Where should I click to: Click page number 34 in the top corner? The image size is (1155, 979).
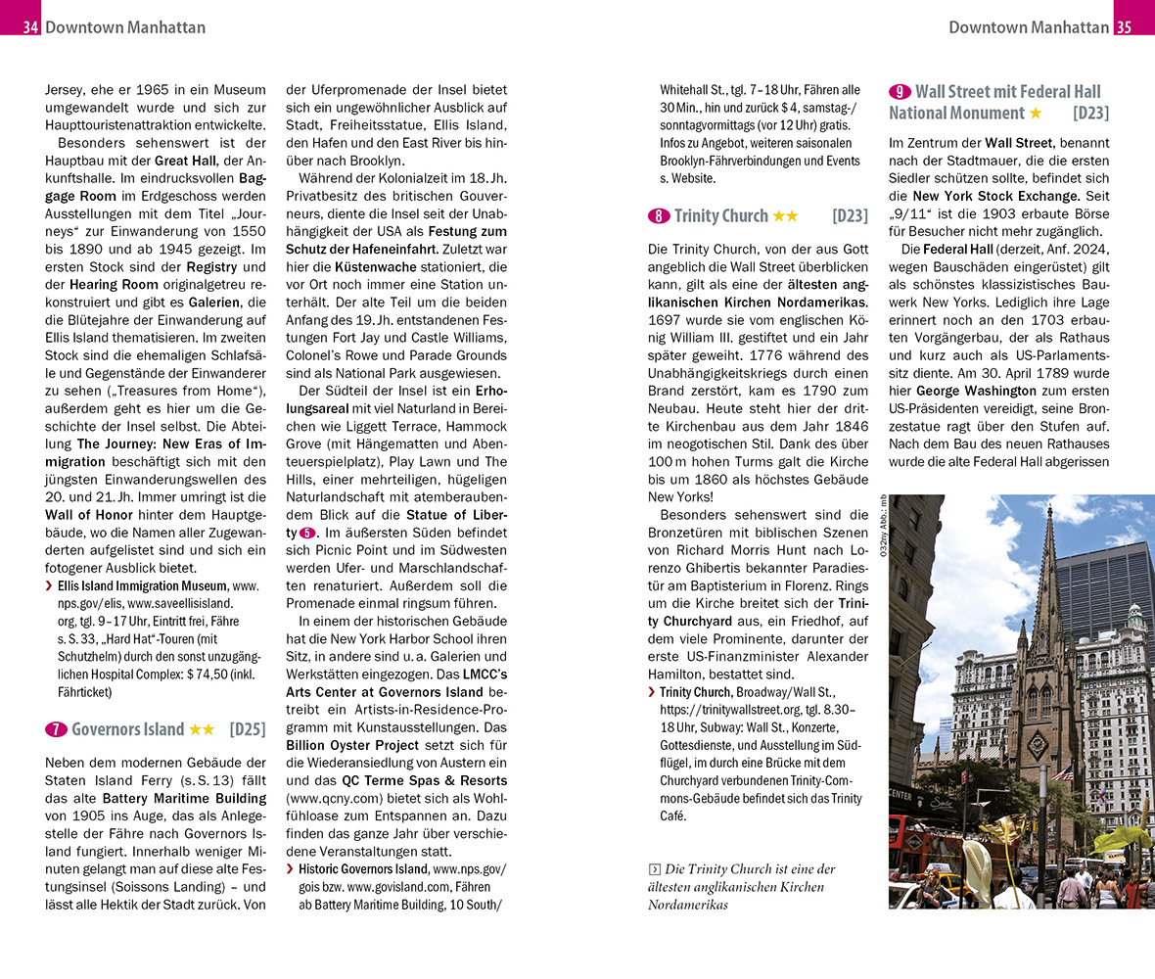[x=30, y=27]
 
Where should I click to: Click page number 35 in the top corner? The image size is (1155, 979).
[x=1124, y=27]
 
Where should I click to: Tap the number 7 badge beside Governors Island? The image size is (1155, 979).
[x=56, y=729]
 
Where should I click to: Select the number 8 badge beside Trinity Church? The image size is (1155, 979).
[x=658, y=216]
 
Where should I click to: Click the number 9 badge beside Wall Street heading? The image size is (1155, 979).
[x=899, y=92]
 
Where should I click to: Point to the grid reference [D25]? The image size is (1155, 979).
[x=248, y=729]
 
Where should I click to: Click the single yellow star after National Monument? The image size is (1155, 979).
[x=1035, y=115]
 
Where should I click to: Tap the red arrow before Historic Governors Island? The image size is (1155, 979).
[x=290, y=869]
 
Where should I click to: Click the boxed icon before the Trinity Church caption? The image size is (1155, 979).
[x=654, y=869]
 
